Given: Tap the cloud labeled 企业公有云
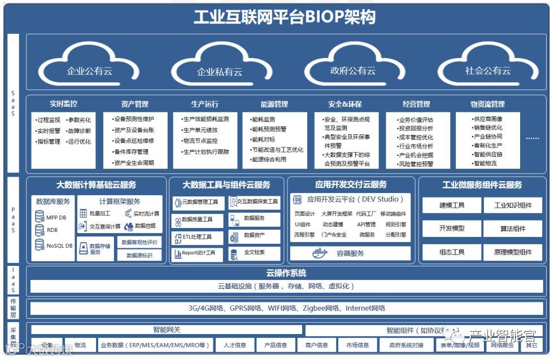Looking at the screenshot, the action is point(90,71).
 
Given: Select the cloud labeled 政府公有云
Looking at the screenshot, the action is point(353,71).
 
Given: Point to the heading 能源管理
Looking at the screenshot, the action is point(274,104).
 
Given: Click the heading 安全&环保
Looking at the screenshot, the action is point(344,104).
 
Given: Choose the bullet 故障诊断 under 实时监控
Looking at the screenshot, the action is point(79,130).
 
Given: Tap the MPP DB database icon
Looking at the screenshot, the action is point(40,217).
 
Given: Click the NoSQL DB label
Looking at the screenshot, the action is point(59,245).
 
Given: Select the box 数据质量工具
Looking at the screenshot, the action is point(197,219).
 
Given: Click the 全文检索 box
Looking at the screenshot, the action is point(254,252).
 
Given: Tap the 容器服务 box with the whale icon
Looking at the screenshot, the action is point(350,253).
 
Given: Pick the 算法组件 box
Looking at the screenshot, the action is point(513,228).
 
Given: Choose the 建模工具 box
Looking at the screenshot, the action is point(452,205).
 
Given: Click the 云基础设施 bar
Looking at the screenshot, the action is point(286,286).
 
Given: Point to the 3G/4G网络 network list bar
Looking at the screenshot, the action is point(286,308).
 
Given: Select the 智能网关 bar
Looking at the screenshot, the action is point(167,330).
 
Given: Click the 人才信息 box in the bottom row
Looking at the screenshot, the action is point(235,345).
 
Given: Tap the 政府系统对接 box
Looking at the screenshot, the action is point(402,345).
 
